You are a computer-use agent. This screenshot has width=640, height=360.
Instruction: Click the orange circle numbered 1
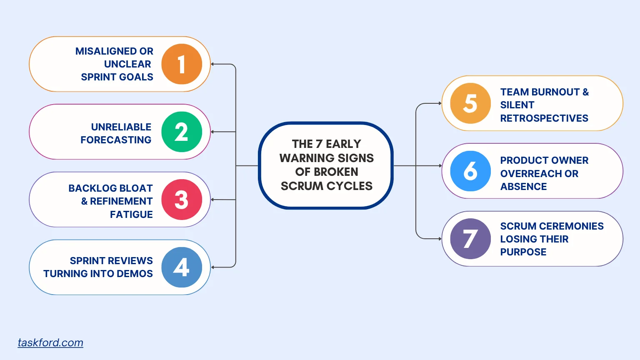(182, 64)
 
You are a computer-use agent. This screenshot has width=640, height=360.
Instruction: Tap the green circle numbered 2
(182, 132)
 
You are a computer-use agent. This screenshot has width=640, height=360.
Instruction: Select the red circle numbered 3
(182, 200)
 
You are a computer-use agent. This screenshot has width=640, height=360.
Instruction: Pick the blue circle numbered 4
(182, 267)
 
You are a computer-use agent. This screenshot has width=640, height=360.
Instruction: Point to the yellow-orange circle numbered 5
(470, 103)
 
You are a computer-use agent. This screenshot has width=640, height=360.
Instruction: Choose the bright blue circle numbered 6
(470, 171)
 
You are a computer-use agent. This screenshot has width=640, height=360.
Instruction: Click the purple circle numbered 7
(470, 239)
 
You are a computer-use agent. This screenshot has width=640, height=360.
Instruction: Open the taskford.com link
(50, 342)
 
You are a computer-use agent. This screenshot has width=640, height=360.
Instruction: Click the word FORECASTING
(116, 140)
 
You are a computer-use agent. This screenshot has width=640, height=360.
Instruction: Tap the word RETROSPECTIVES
(544, 118)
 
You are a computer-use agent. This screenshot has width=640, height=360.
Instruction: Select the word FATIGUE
(131, 215)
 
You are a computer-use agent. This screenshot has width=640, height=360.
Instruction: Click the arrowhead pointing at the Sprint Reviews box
(212, 267)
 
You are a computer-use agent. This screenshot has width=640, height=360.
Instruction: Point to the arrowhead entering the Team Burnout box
(440, 103)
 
